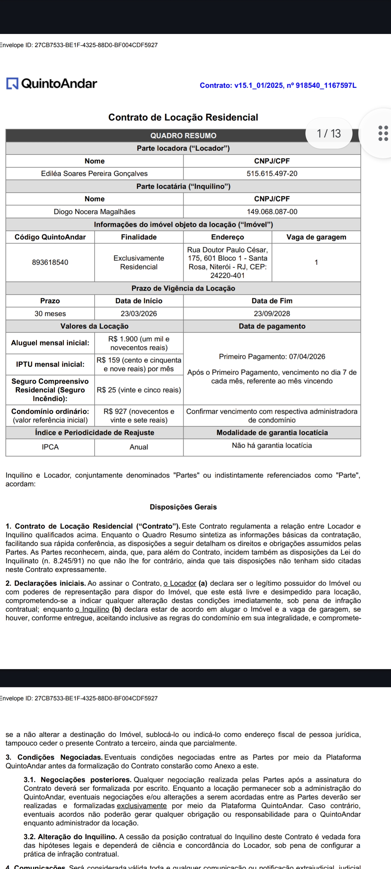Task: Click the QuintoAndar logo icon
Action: point(12,83)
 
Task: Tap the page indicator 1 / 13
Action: point(329,134)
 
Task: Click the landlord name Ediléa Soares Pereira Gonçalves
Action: point(95,174)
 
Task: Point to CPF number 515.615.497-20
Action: point(272,174)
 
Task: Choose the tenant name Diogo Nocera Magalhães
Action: point(95,212)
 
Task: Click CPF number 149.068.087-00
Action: point(272,212)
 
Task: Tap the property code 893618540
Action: point(50,262)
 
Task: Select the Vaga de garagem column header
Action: point(316,237)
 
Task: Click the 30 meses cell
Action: point(50,314)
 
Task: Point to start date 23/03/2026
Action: point(139,314)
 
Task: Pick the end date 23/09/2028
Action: point(272,314)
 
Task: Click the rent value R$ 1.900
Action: point(139,343)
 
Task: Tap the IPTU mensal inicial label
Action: point(50,364)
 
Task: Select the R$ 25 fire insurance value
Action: point(139,390)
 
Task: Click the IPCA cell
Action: point(50,447)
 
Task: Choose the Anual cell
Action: point(139,447)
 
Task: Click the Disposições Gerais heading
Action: point(183,507)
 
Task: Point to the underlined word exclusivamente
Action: point(142,806)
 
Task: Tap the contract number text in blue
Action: point(278,85)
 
